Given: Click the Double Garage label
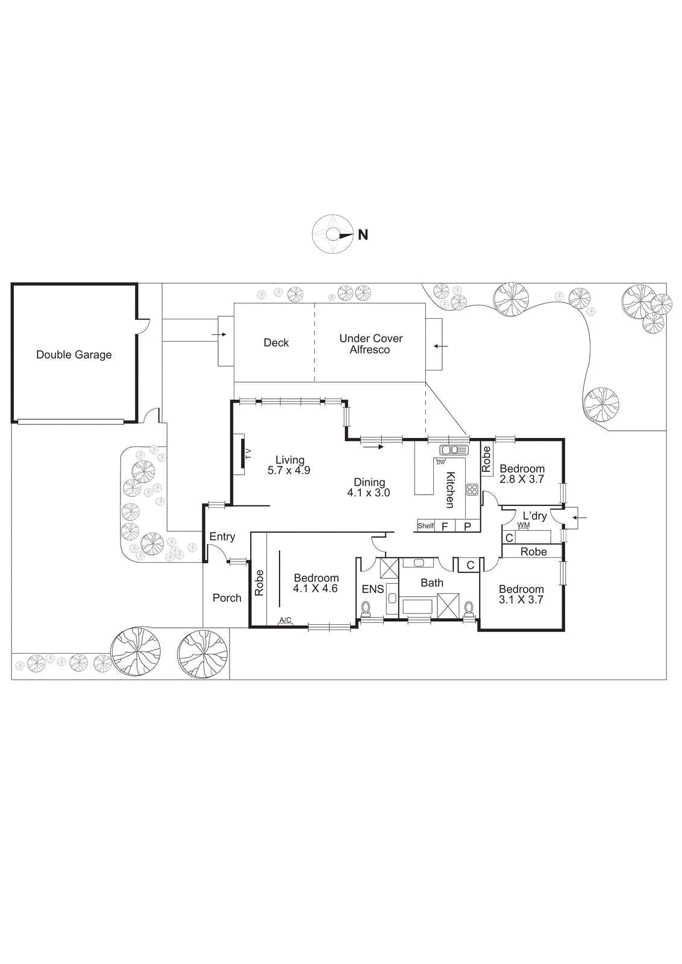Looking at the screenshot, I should click(x=74, y=355).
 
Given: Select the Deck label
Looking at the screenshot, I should click(x=276, y=343).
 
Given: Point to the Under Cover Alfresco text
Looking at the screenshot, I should click(x=371, y=344).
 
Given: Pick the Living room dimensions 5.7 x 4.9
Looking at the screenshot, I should click(x=289, y=471).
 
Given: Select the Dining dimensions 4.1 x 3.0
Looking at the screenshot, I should click(x=368, y=493).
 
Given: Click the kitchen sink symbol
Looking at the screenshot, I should click(x=454, y=450).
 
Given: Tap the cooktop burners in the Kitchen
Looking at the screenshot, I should click(x=472, y=490).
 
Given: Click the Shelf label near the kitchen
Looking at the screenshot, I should click(x=425, y=526).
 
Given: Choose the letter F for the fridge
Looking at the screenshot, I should click(x=445, y=527).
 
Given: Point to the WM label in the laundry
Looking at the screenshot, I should click(x=523, y=525).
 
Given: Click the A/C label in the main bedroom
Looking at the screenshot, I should click(x=285, y=621).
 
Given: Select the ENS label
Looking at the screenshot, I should click(x=372, y=589).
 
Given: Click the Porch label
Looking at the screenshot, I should click(x=227, y=598).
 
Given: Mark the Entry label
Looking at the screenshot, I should click(x=222, y=537).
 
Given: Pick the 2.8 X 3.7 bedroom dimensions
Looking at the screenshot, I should click(x=522, y=480).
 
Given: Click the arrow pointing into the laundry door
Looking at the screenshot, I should click(x=580, y=518).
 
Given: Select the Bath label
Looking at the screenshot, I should click(x=431, y=583).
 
